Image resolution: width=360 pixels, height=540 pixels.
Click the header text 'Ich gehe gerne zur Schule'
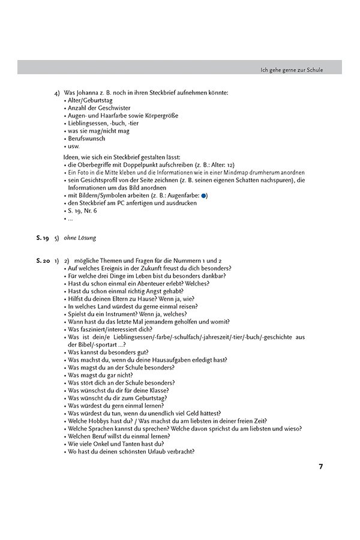point(292,70)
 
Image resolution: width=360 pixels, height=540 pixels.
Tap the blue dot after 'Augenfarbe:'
point(204,195)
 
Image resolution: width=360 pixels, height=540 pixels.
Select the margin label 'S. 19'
point(42,238)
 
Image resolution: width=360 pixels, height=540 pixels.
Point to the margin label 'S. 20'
point(42,260)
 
